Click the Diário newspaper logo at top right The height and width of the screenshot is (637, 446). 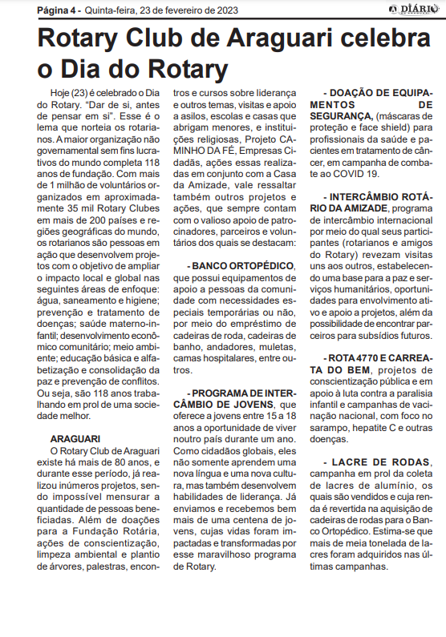[x=412, y=9]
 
